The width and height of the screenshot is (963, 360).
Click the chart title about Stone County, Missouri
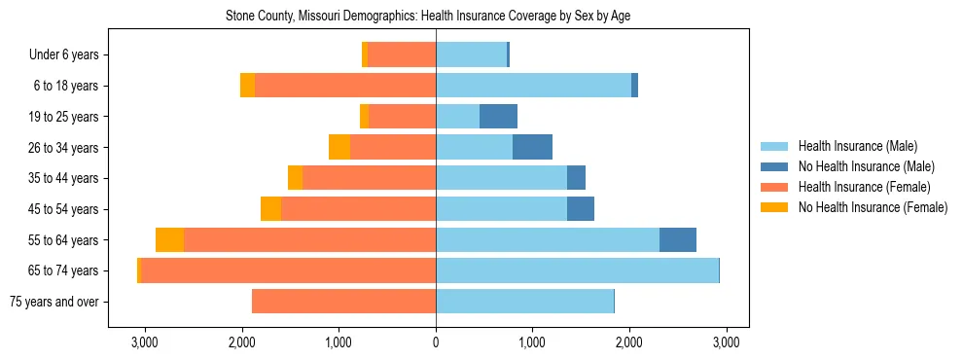435,17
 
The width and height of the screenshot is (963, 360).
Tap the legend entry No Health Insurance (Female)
873,207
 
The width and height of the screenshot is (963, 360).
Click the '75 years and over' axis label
53,302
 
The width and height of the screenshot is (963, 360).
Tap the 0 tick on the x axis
436,342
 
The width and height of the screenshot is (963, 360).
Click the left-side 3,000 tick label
144,342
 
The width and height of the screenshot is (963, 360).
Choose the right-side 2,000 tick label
629,342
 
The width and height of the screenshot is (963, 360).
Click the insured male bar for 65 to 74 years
577,270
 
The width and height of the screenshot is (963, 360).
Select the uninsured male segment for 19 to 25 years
498,117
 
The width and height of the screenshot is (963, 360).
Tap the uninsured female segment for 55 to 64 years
169,240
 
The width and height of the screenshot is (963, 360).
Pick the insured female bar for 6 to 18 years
345,86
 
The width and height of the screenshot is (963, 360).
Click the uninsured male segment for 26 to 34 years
532,148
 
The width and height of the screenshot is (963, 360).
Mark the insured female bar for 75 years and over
343,302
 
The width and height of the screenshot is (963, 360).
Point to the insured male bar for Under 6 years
471,55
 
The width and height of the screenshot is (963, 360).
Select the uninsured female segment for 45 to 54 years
270,209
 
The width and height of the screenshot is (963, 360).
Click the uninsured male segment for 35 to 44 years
576,178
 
